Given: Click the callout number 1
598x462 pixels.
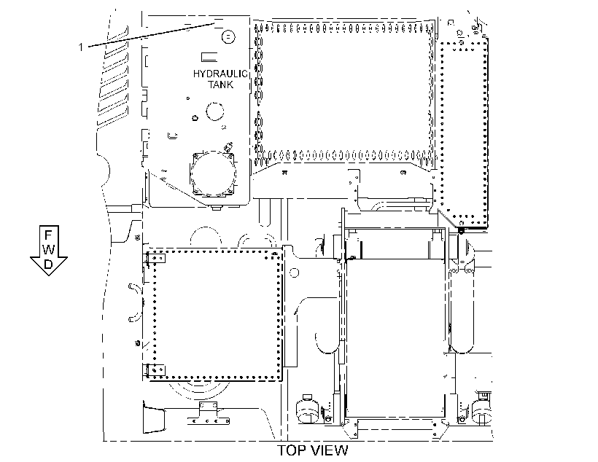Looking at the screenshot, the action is point(80,47).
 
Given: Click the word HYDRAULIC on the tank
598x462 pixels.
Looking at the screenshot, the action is point(220,74).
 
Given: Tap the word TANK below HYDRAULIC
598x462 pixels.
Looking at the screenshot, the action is point(220,85).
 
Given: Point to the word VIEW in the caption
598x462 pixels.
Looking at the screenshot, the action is point(330,450).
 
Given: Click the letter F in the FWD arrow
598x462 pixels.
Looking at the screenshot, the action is point(48,235).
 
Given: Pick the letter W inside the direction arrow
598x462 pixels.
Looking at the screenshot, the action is point(48,250).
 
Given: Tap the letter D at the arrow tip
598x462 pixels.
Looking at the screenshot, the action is point(48,264).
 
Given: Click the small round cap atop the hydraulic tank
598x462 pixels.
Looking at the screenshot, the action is point(228,37).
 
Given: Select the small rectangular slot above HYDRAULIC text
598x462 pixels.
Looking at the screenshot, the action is point(209,57).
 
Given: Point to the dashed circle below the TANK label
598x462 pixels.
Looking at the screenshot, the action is point(214,111).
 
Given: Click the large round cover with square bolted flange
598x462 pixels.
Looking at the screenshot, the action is point(213,173).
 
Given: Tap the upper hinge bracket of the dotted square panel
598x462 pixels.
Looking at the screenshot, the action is point(156,259).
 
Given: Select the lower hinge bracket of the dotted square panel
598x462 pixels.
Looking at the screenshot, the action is point(156,369).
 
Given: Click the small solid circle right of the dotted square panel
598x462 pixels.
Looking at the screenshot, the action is point(294,273).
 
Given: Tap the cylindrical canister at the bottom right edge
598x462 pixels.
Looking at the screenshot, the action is point(481,410).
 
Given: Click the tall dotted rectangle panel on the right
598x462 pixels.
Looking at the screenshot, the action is point(464,133).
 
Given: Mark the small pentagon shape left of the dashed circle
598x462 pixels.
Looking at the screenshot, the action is point(195,118).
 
